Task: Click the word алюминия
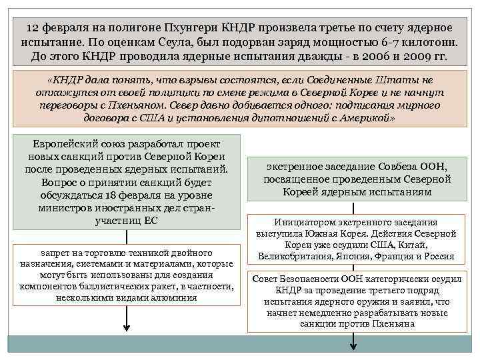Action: click(x=174, y=297)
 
